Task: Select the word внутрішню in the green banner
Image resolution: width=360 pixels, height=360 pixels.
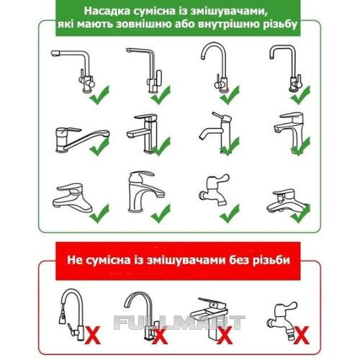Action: point(228,24)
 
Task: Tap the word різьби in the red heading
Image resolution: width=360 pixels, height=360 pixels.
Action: point(271,261)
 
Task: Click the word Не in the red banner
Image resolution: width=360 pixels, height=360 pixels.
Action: point(74,260)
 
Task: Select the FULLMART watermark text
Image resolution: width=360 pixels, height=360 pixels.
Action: point(179,323)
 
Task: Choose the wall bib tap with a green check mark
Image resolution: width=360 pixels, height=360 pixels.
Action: point(214,190)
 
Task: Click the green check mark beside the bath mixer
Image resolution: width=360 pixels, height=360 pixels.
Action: point(300,214)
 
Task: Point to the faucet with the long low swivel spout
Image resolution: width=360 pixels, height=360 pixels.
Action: point(81,140)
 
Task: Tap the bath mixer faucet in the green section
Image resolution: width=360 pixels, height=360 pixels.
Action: point(287,201)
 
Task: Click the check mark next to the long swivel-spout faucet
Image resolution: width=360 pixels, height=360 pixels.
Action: point(99,147)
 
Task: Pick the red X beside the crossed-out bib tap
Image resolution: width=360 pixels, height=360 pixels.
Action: point(301,335)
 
